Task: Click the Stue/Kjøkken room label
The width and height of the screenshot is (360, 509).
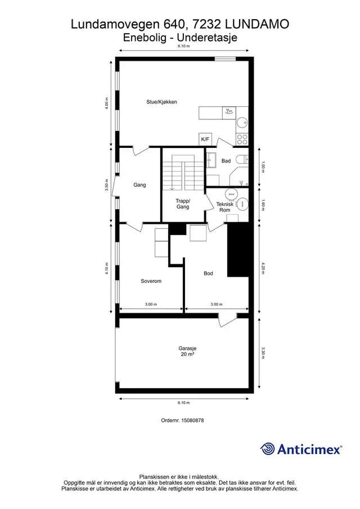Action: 161,102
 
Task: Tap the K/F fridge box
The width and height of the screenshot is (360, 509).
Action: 205,139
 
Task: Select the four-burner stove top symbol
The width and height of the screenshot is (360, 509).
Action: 242,139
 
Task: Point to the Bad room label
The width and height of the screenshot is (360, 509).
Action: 226,161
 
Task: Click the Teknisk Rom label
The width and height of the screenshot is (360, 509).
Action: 225,207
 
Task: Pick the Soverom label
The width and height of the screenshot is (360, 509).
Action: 151,281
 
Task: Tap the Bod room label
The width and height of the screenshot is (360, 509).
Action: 208,273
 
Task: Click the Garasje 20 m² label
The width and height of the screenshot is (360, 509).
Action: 187,351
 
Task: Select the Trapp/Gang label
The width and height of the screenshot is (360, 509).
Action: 183,204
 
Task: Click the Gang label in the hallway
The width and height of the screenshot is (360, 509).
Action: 139,185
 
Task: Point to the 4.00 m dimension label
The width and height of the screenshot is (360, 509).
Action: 106,103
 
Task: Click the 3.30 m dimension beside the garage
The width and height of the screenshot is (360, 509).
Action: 263,353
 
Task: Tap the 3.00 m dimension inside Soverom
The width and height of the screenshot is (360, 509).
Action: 151,304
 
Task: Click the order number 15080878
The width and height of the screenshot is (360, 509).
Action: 192,420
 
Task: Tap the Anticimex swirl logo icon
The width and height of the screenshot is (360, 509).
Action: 268,449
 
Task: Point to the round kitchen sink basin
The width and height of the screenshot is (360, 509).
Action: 242,123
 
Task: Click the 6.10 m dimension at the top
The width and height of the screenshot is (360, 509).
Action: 184,46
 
